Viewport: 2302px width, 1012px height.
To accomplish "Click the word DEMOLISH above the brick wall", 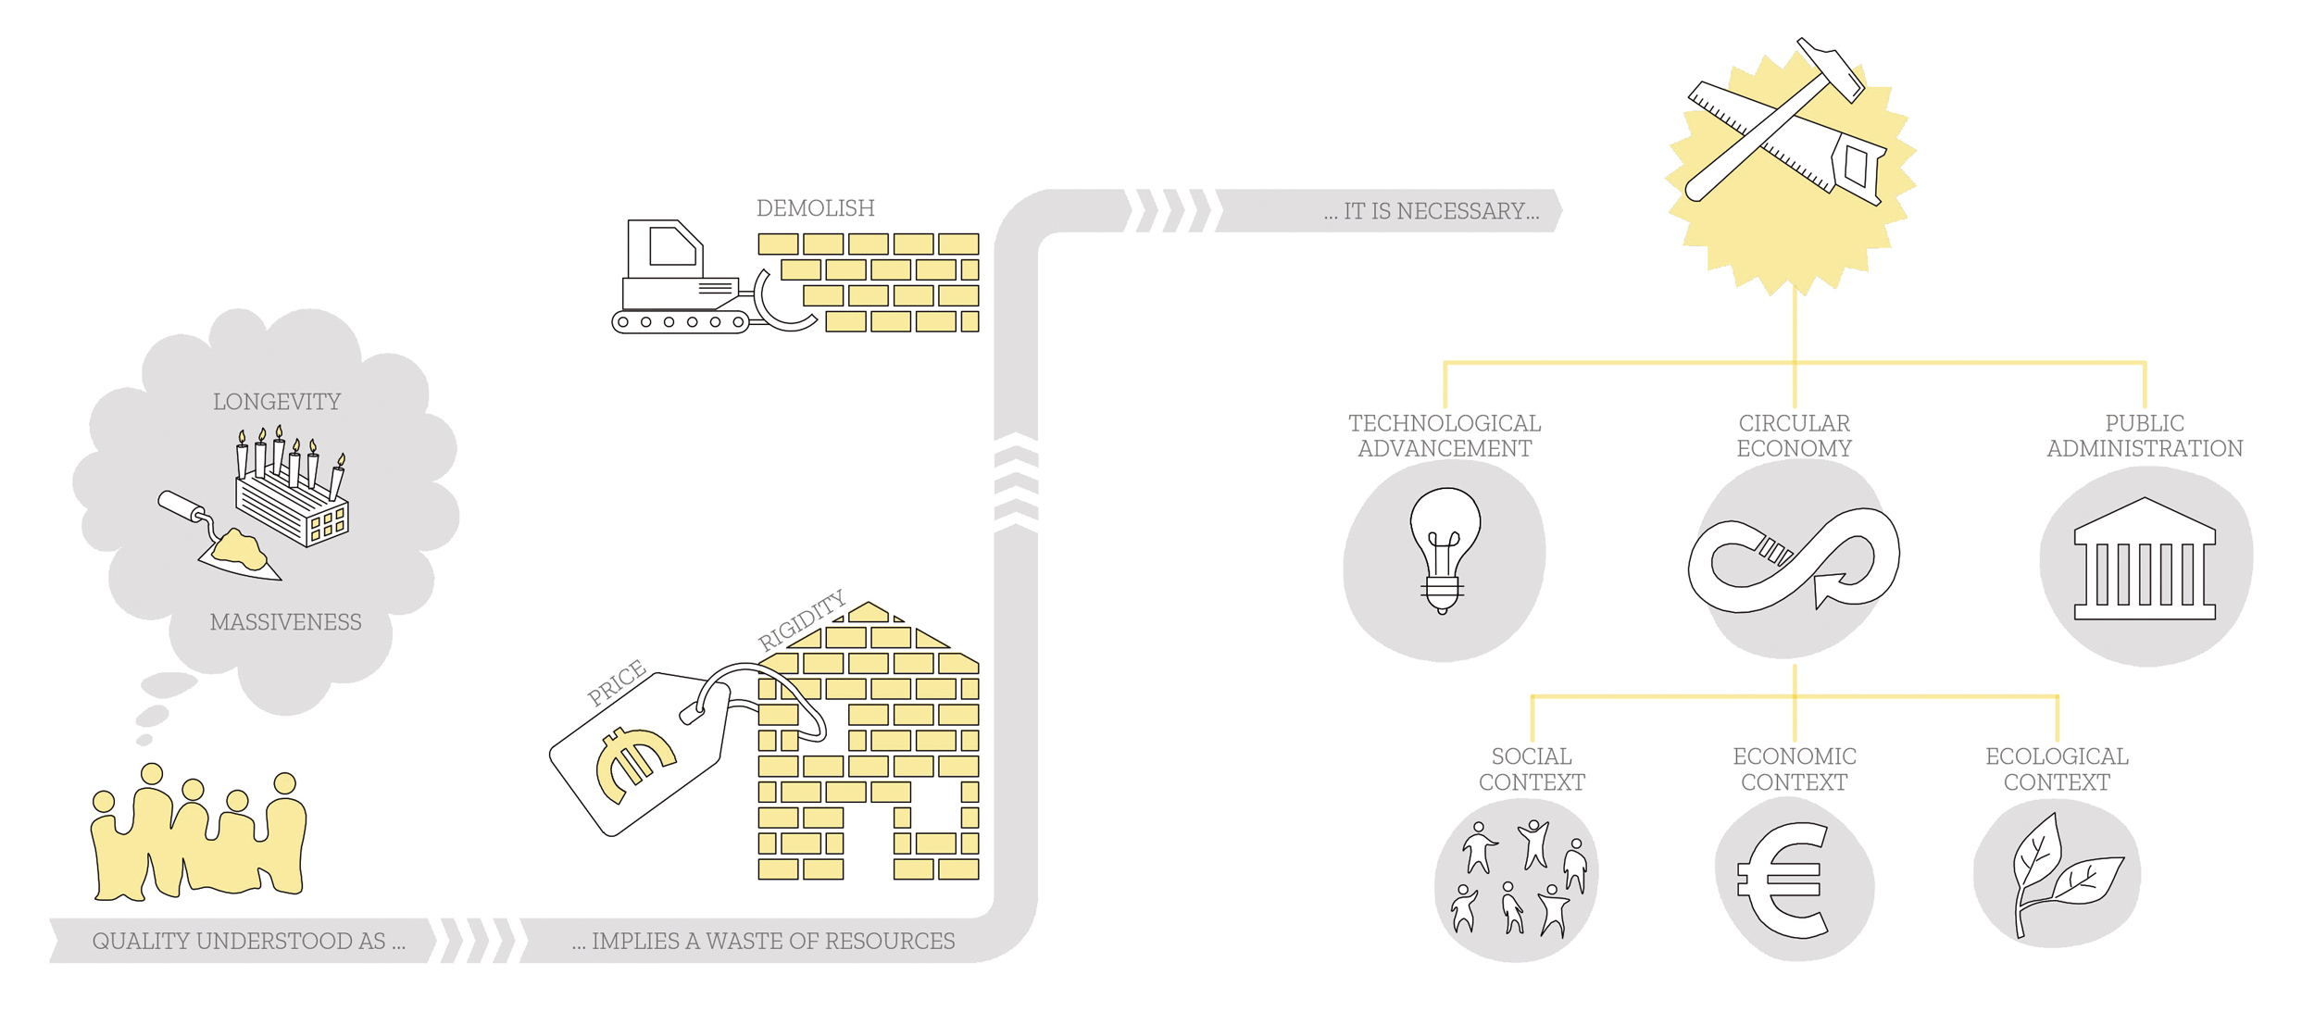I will pyautogui.click(x=815, y=208).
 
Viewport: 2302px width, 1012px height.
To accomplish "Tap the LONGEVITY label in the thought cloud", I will pyautogui.click(x=277, y=402).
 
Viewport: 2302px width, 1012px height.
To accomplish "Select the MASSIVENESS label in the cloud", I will pyautogui.click(x=285, y=622).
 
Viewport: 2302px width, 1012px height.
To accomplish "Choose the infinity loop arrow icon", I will pyautogui.click(x=1794, y=560).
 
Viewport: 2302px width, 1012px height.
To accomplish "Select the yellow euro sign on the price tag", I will pyautogui.click(x=634, y=763).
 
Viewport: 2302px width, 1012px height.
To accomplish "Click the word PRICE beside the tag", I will pyautogui.click(x=617, y=682).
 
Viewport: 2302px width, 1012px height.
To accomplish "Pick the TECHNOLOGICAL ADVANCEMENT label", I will pyautogui.click(x=1444, y=436).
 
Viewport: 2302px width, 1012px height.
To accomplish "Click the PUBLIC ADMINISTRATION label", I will pyautogui.click(x=2144, y=436).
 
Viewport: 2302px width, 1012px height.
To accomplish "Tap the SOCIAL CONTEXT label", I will pyautogui.click(x=1531, y=769).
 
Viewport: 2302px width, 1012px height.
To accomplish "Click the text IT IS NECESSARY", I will pyautogui.click(x=1432, y=212).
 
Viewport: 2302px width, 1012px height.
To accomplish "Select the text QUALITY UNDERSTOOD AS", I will pyautogui.click(x=248, y=942).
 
